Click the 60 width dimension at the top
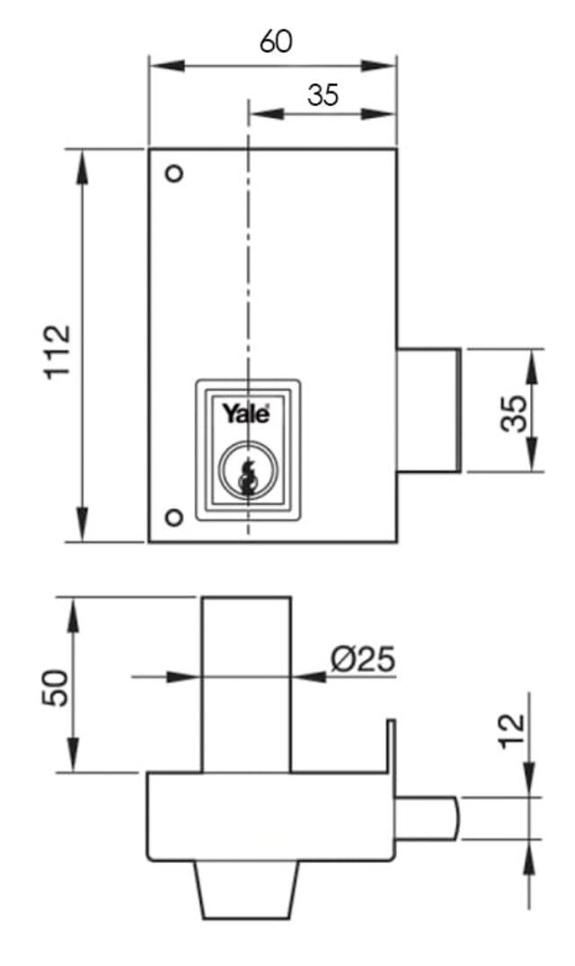(276, 41)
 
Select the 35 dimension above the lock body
(323, 95)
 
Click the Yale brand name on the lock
(246, 414)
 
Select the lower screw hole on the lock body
(174, 516)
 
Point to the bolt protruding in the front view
(429, 410)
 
